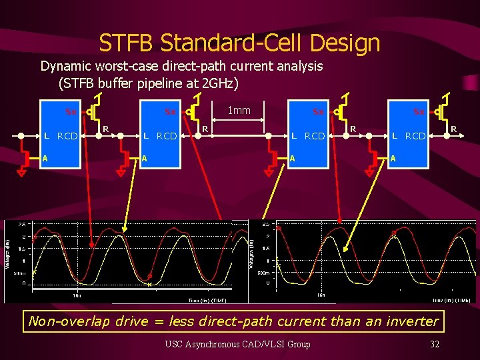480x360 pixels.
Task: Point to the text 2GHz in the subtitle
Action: pos(216,84)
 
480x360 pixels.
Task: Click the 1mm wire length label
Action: pos(239,110)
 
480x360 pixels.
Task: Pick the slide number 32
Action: pos(435,345)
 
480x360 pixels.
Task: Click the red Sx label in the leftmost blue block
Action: pos(70,111)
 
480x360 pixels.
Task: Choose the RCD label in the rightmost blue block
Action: pos(415,136)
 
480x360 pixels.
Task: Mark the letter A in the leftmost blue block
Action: pos(45,158)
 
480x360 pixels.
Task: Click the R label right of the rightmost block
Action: pos(454,127)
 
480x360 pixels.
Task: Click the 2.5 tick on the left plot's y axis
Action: pos(21,224)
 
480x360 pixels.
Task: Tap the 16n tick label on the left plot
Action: pos(78,295)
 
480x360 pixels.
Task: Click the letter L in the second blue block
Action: pos(146,136)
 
